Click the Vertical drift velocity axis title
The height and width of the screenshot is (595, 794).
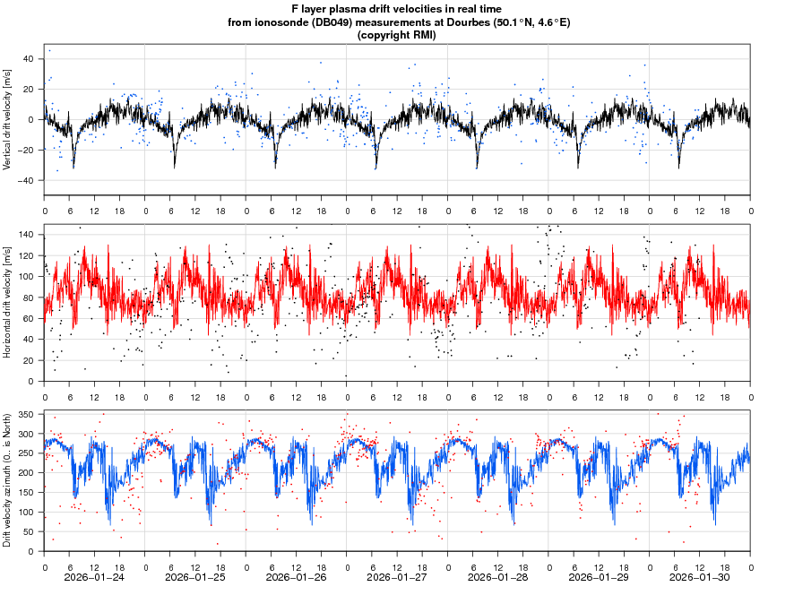click(8, 120)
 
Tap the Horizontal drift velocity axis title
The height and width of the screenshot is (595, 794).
click(8, 303)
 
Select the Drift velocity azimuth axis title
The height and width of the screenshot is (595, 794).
click(8, 480)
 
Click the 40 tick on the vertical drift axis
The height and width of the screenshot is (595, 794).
click(29, 59)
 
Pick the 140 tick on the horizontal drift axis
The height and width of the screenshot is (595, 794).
click(26, 234)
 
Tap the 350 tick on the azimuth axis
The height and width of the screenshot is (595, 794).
click(26, 415)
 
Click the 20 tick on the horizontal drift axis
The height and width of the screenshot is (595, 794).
click(29, 360)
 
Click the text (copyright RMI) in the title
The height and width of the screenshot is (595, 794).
click(396, 35)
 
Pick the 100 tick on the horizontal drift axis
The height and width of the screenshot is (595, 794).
click(26, 276)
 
